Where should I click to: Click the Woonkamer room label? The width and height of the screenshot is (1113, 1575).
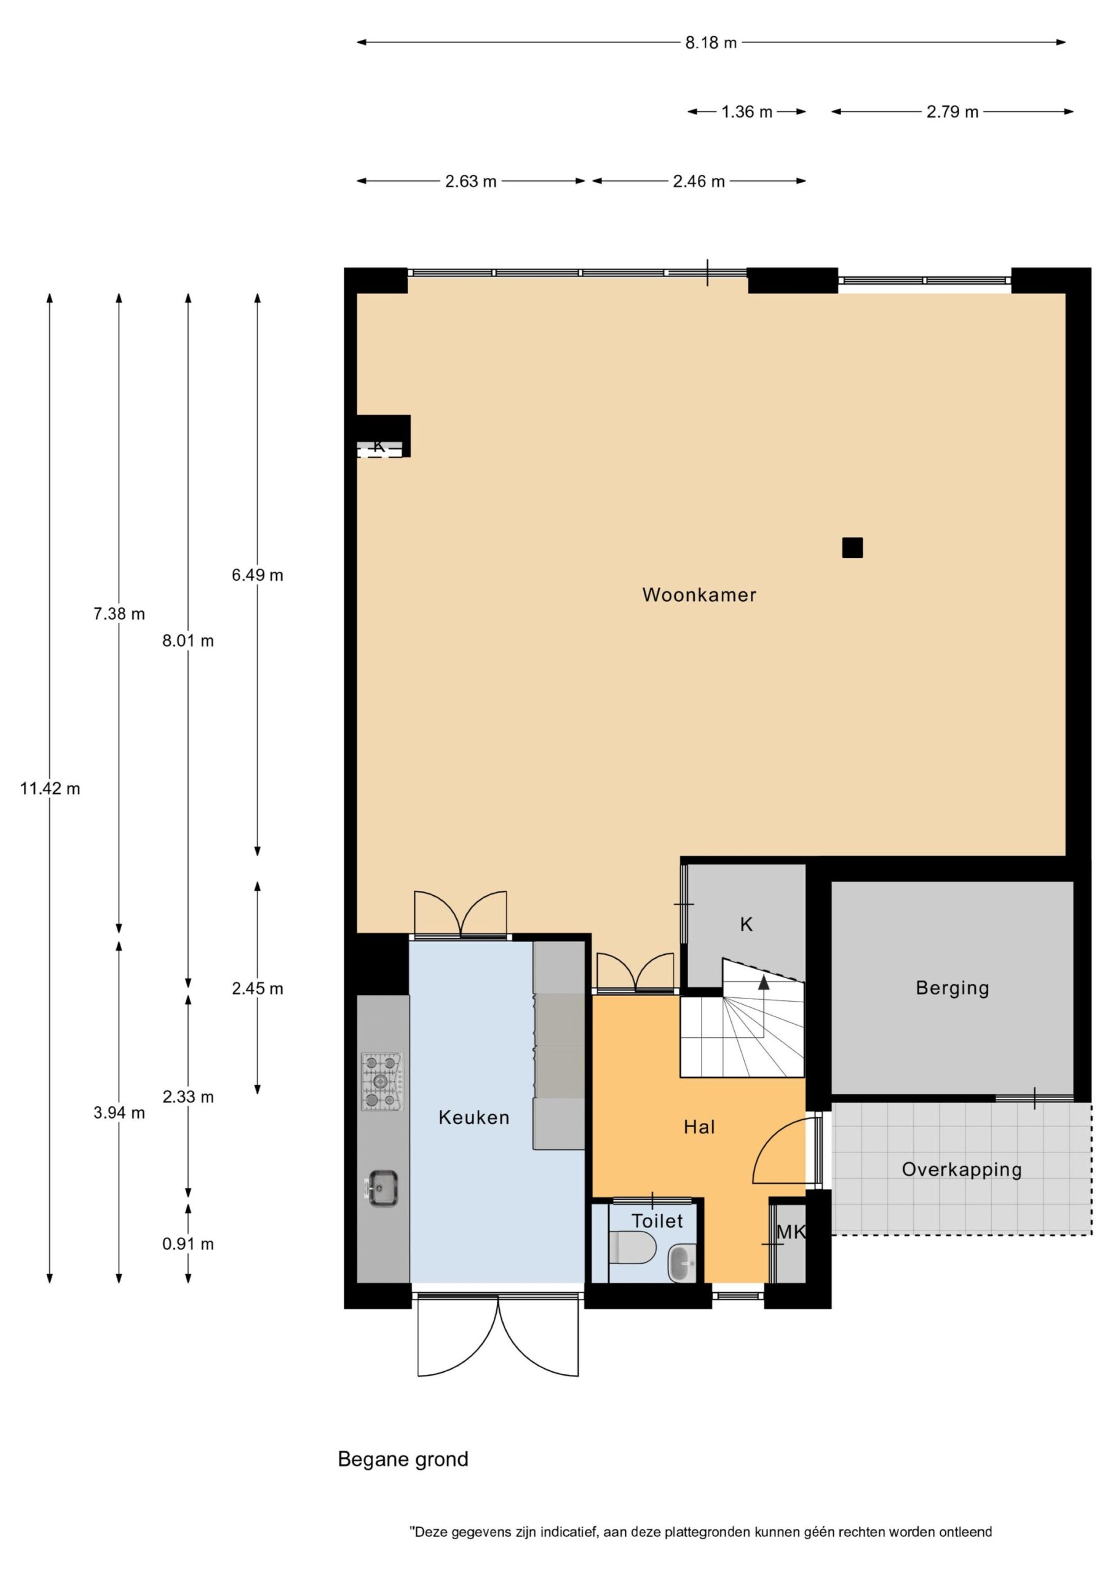tap(699, 595)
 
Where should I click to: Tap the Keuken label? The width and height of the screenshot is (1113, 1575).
tap(474, 1117)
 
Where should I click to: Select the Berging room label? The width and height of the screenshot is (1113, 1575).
tap(953, 989)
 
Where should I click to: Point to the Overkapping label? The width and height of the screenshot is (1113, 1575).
tap(962, 1170)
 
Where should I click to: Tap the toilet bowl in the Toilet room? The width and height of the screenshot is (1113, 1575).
tap(633, 1247)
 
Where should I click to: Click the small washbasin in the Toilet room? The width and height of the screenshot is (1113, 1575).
tap(683, 1262)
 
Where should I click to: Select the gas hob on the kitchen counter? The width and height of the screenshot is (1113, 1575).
tap(382, 1082)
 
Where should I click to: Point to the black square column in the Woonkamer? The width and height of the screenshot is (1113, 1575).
tap(852, 548)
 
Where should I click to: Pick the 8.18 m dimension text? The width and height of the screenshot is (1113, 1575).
tap(711, 42)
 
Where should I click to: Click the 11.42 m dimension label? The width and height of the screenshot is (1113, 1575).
tap(50, 789)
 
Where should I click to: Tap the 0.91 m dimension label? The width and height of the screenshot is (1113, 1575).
tap(188, 1243)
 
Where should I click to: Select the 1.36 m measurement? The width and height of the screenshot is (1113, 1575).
tap(747, 112)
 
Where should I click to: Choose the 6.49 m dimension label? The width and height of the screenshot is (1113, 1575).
tap(257, 575)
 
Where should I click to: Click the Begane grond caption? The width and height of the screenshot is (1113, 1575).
tap(403, 1459)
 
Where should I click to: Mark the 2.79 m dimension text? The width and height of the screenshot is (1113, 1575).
tap(953, 112)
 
